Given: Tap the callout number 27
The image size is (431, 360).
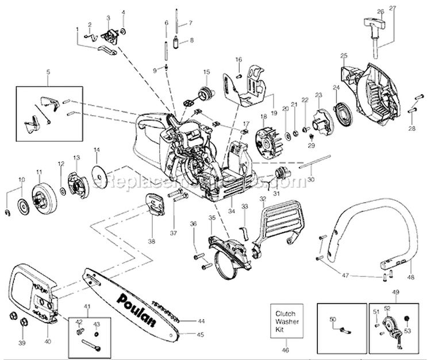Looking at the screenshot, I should pos(392,8).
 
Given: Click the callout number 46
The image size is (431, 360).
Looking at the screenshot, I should pos(286,349).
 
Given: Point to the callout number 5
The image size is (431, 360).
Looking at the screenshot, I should pos(48,72).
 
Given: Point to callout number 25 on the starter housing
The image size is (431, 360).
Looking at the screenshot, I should pos(344,55).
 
